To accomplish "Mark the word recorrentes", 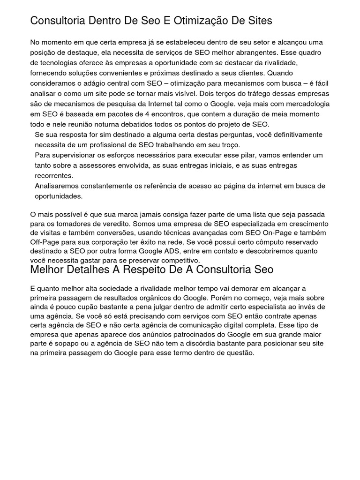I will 54,176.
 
